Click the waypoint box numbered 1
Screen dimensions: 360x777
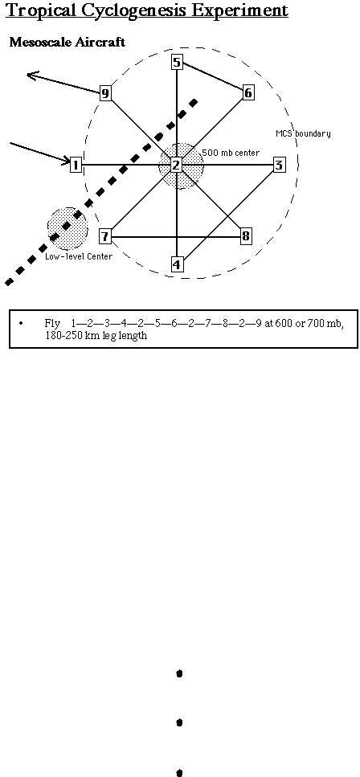click(x=76, y=165)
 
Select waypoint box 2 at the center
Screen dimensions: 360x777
click(x=177, y=165)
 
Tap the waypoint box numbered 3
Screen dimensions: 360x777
click(x=279, y=165)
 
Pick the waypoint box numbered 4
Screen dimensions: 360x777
click(x=177, y=264)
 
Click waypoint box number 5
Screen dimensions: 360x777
click(x=177, y=62)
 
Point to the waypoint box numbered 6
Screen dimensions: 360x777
click(x=248, y=92)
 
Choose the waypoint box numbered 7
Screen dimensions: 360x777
click(x=104, y=236)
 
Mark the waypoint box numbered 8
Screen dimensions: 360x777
click(x=246, y=236)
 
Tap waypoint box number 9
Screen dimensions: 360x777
click(x=105, y=93)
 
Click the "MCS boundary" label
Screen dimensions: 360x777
click(x=303, y=133)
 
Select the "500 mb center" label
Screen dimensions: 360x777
click(x=231, y=153)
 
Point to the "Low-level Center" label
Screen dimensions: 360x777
click(x=78, y=256)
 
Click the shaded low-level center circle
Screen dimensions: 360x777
click(x=68, y=229)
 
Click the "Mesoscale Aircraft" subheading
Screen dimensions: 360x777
click(x=67, y=42)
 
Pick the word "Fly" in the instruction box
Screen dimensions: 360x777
click(x=52, y=324)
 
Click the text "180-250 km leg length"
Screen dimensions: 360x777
click(x=96, y=336)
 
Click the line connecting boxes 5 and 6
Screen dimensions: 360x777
click(x=213, y=77)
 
